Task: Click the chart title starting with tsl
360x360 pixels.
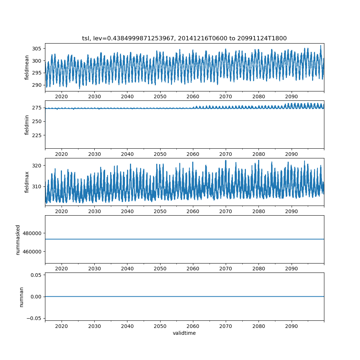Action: click(x=184, y=39)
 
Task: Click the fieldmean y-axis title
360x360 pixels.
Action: click(x=27, y=68)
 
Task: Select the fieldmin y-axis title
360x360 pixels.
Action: click(x=27, y=125)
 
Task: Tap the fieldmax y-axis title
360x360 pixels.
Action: click(x=27, y=182)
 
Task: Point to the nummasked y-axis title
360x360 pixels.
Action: click(x=18, y=239)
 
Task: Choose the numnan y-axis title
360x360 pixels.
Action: click(x=21, y=297)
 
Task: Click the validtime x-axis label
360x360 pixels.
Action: click(x=184, y=333)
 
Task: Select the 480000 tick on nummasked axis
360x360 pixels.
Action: click(x=32, y=233)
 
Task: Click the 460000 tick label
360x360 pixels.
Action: click(x=32, y=251)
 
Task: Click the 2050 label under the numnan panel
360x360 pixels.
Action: click(x=160, y=326)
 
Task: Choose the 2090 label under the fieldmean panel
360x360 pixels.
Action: click(x=291, y=96)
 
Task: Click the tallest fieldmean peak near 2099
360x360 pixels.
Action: click(x=321, y=46)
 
